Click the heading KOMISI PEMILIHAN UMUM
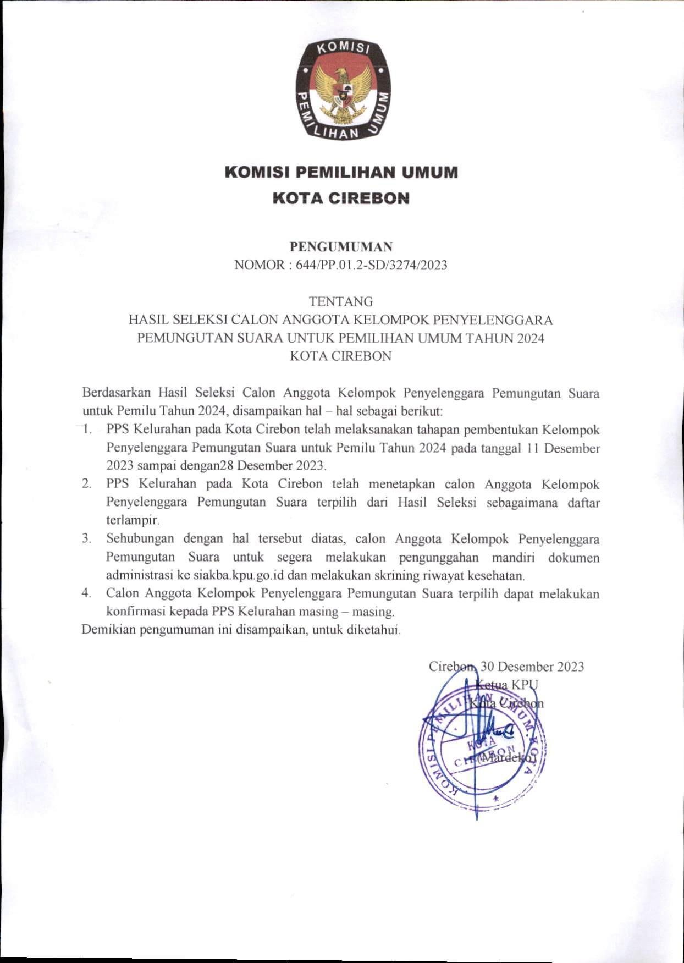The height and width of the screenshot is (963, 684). point(341,173)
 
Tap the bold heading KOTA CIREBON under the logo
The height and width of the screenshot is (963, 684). point(341,198)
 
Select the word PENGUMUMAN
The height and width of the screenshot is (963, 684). point(341,247)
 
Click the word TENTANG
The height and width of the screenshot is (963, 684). point(341,301)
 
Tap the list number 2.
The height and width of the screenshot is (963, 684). point(86,484)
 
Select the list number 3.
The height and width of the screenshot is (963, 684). point(86,538)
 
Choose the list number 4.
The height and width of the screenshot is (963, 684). point(86,593)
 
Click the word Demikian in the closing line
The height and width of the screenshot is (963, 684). point(108,630)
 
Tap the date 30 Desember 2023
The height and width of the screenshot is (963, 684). point(532,667)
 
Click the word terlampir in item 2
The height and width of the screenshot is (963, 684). point(132,520)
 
